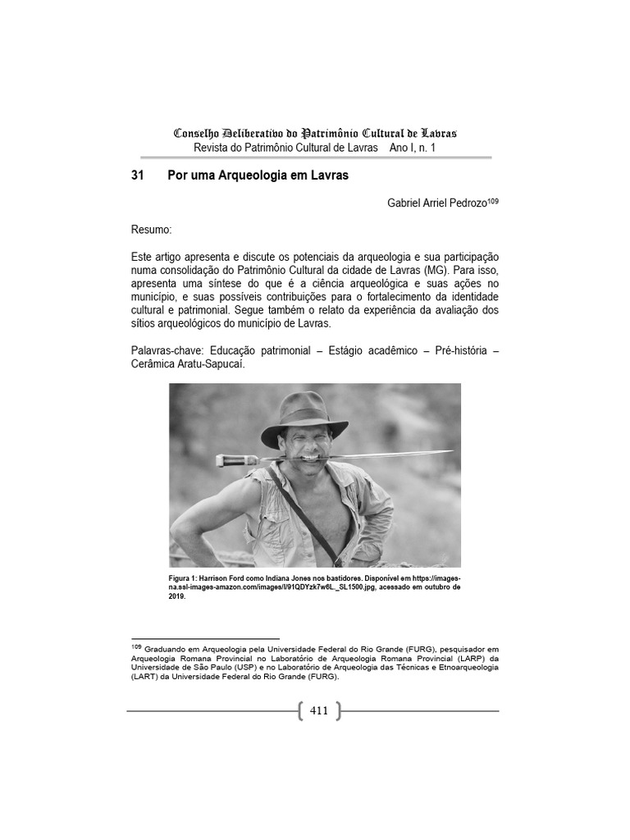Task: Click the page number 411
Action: coord(319,710)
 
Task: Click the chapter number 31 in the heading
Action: coord(138,176)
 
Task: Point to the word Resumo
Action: coord(151,231)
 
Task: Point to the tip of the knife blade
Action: coord(451,452)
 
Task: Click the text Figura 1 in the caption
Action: coord(187,577)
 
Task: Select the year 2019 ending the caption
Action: coord(178,596)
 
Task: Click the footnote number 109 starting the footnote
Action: coord(136,646)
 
